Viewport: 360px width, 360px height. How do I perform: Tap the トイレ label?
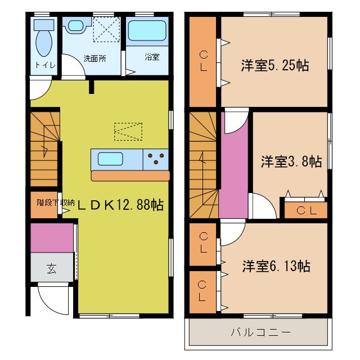(x=45, y=65)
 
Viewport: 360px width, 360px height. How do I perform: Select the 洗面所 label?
(x=94, y=58)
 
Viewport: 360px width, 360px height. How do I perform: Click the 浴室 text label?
(x=152, y=57)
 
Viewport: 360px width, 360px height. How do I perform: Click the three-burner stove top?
(x=156, y=159)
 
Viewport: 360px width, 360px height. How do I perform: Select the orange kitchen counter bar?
(x=130, y=176)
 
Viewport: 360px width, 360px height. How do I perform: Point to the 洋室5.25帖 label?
(x=274, y=65)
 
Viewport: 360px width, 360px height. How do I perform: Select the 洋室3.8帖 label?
(x=291, y=162)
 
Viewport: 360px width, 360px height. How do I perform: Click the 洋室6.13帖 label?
(x=276, y=265)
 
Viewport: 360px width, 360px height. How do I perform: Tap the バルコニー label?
(x=260, y=332)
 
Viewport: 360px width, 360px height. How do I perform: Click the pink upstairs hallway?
(x=233, y=169)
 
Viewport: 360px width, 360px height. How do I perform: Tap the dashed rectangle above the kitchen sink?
(x=128, y=132)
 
